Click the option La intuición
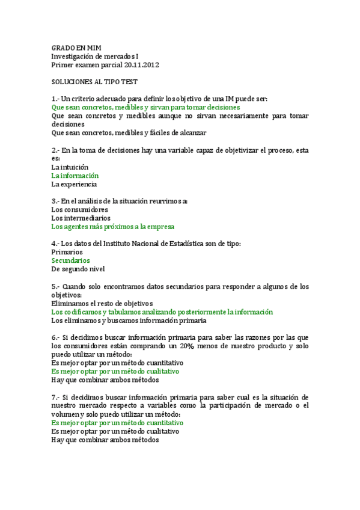70,167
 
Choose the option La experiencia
74,184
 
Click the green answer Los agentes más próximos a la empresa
113,227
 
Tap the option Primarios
67,252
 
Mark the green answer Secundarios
71,260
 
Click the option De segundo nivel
78,269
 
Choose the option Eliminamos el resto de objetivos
102,303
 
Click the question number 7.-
56,398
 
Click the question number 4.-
56,244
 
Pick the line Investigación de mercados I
99,56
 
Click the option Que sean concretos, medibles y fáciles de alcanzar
129,132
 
